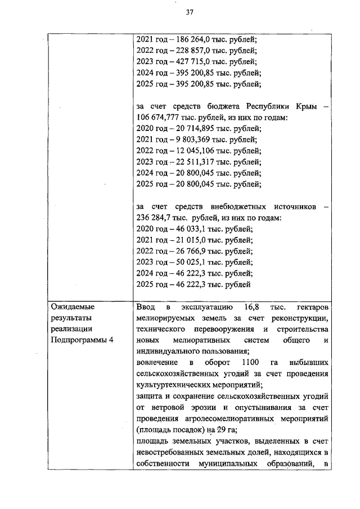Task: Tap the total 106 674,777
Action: pos(159,118)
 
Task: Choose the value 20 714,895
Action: pos(188,129)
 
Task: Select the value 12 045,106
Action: pos(188,151)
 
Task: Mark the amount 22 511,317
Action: pos(188,162)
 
